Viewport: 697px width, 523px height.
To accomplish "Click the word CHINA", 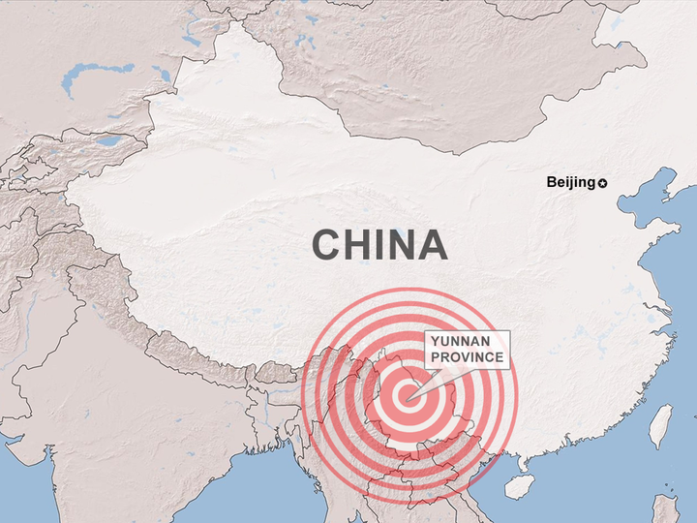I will (x=379, y=245).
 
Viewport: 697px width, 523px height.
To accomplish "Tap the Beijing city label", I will (x=570, y=182).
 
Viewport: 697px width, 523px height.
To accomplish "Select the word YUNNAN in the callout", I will (x=459, y=342).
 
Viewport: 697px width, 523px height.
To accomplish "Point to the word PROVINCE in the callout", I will (x=467, y=357).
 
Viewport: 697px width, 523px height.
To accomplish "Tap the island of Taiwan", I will (x=660, y=425).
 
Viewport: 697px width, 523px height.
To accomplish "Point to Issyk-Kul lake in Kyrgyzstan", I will (x=107, y=140).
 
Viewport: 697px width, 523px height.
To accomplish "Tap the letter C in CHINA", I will (x=326, y=245).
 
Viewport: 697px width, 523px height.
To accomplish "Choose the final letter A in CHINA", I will (x=432, y=245).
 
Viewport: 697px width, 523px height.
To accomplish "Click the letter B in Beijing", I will (x=551, y=182).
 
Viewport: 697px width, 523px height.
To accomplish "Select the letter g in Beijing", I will (x=590, y=183).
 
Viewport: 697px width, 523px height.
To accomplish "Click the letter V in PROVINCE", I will (x=468, y=357).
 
